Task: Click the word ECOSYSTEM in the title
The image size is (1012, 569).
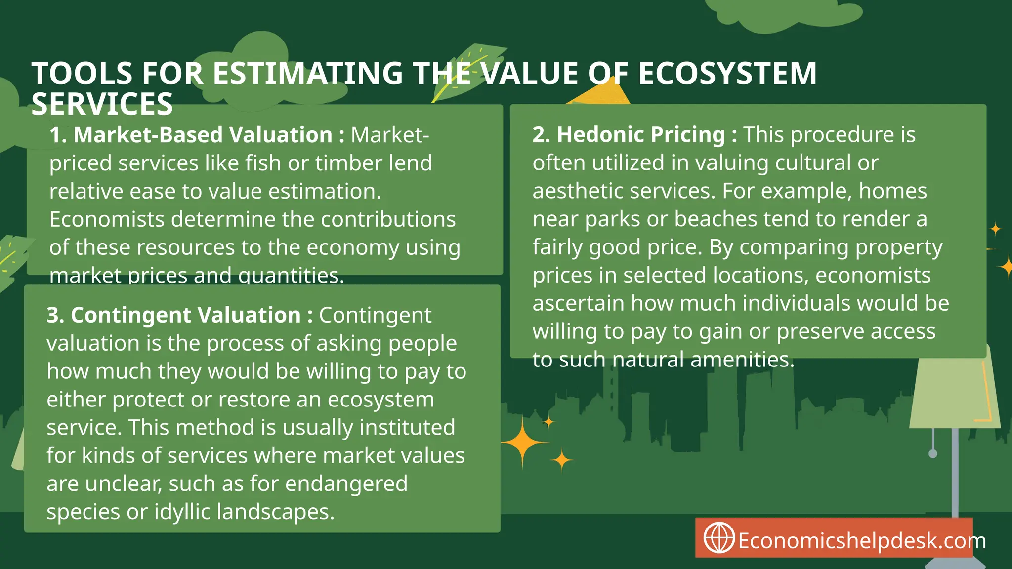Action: point(727,74)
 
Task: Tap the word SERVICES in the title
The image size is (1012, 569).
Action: point(102,104)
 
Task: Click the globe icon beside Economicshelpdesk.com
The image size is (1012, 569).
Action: point(718,538)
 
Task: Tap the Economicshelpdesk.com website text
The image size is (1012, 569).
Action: point(862,541)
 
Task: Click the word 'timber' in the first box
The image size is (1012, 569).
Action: point(348,163)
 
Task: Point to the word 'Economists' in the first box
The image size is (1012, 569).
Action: point(107,219)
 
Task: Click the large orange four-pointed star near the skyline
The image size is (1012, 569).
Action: point(523,442)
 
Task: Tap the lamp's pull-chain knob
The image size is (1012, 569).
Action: point(933,454)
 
